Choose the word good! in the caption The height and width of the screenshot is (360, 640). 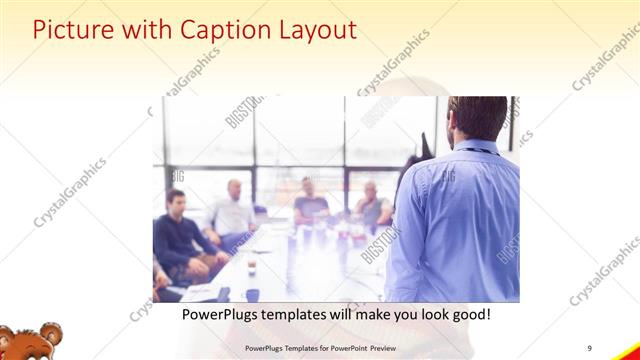[467, 314]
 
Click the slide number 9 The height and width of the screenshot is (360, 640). [591, 347]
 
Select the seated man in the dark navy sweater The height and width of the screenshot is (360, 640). [178, 235]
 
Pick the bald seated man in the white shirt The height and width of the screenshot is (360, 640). [232, 210]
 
